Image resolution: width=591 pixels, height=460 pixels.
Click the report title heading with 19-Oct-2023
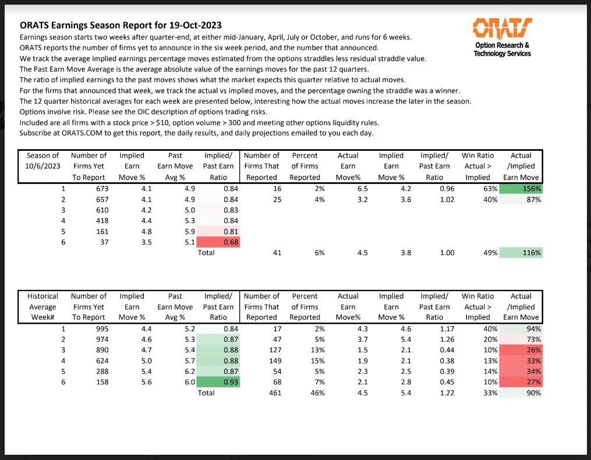point(121,26)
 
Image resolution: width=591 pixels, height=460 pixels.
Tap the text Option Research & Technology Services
point(502,49)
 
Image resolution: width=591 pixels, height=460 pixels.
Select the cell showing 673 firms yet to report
point(97,189)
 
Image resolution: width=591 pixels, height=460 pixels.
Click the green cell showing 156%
point(522,189)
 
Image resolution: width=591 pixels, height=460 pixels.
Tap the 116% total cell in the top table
point(522,253)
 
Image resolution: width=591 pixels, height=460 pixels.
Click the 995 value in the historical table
point(97,329)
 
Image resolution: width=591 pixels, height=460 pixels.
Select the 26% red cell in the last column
point(522,350)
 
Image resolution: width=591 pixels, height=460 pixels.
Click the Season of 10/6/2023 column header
point(43,166)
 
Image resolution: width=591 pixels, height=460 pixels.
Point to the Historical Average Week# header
point(43,306)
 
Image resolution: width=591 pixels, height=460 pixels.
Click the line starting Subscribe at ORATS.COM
point(196,133)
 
